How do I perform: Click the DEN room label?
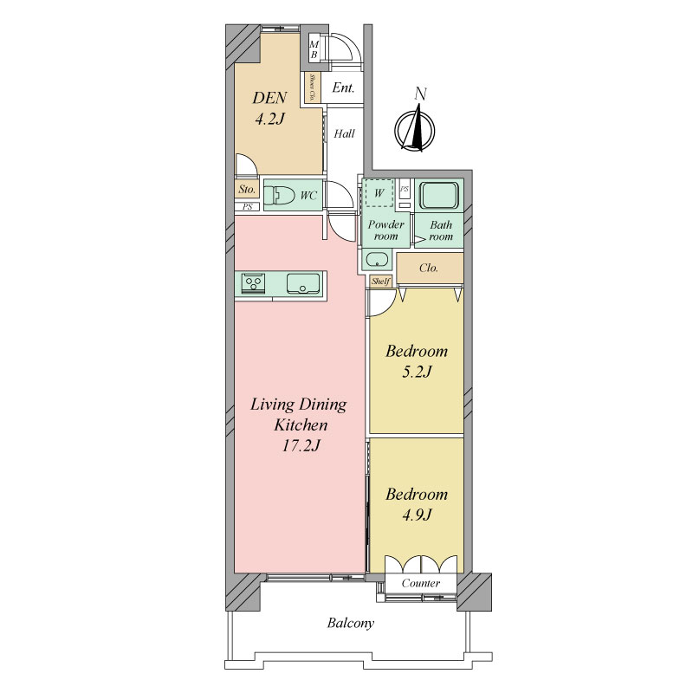coord(269,98)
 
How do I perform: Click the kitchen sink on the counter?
coord(303,284)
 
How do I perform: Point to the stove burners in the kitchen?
coord(253,283)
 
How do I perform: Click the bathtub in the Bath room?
coord(439,195)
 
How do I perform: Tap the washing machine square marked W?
coord(379,192)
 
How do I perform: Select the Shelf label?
coord(380,281)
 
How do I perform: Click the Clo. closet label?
coord(429,268)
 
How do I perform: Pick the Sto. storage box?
coord(247,190)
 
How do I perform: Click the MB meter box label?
coord(314,49)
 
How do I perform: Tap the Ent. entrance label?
coord(343,87)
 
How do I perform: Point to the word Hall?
coord(344,133)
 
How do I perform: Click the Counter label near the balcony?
coord(421,583)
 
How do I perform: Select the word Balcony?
coord(351,623)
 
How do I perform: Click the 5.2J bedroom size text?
coord(417,372)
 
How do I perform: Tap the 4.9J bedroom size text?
coord(417,515)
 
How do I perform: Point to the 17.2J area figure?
coord(301,445)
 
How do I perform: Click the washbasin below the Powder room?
coord(377,259)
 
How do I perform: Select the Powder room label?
coord(385,230)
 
